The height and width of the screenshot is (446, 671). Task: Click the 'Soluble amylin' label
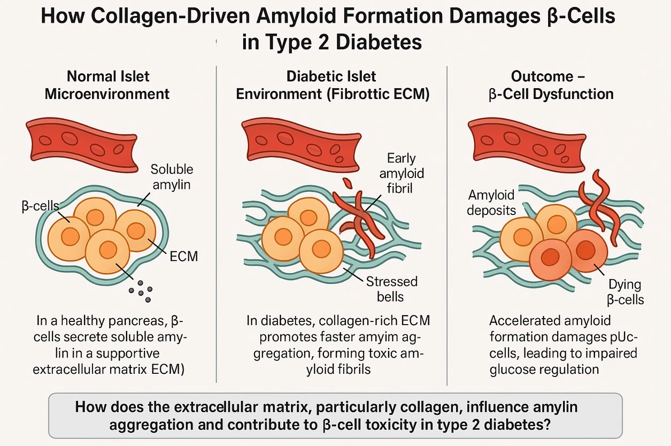pyautogui.click(x=172, y=176)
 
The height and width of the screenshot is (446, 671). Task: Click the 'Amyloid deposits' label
pyautogui.click(x=491, y=202)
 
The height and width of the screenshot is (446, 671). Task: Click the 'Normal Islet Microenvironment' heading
pyautogui.click(x=107, y=85)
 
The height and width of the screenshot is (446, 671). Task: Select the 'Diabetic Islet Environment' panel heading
pyautogui.click(x=331, y=85)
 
